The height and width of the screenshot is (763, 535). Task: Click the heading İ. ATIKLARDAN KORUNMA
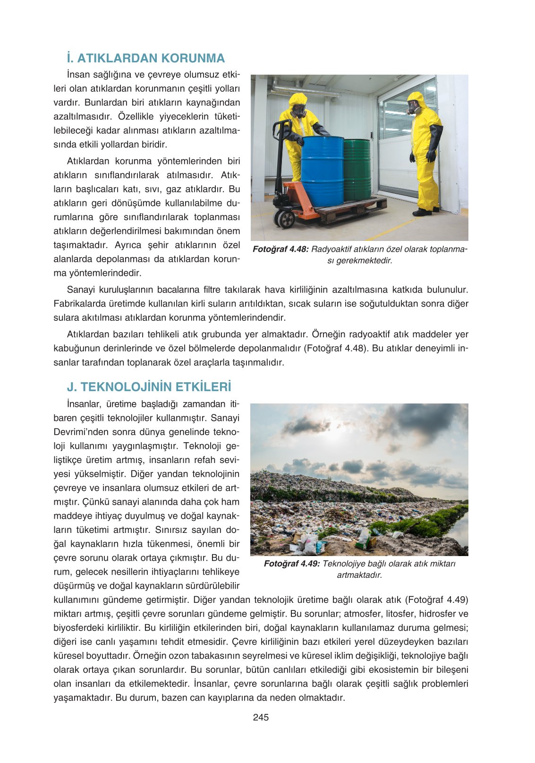[145, 58]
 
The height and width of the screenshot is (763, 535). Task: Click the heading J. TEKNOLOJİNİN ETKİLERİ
[149, 387]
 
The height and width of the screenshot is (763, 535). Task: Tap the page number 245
[261, 717]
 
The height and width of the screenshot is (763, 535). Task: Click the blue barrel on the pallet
[322, 170]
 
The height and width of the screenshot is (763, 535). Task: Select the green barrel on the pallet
[357, 169]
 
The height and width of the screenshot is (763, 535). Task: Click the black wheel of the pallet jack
[285, 219]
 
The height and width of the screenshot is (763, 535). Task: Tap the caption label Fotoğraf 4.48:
[280, 249]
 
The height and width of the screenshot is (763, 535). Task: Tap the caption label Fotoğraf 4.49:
[292, 564]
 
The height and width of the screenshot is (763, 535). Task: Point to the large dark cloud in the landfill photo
[416, 420]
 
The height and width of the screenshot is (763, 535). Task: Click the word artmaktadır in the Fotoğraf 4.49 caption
[359, 575]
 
